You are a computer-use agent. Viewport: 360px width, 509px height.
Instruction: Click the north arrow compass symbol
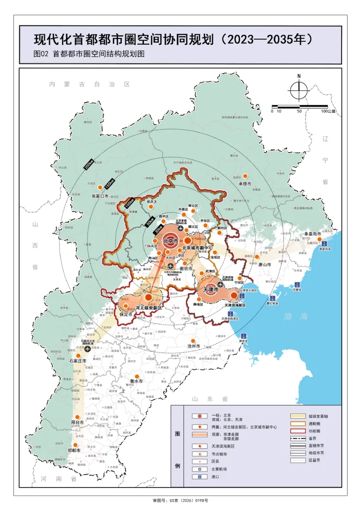299,90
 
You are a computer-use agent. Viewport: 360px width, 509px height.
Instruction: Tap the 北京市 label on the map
170,241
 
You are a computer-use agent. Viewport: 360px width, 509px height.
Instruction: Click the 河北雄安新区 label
149,308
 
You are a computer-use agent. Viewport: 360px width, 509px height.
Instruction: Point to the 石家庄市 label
78,360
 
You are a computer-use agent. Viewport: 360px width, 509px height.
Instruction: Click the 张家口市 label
102,197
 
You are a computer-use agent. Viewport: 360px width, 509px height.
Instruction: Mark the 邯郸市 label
74,450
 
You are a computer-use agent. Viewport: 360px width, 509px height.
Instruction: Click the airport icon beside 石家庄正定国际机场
88,348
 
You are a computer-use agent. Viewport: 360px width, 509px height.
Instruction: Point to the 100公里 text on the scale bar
328,111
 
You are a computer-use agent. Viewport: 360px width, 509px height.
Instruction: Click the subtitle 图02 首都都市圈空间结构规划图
89,54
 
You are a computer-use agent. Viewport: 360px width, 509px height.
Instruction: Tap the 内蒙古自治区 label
90,85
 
